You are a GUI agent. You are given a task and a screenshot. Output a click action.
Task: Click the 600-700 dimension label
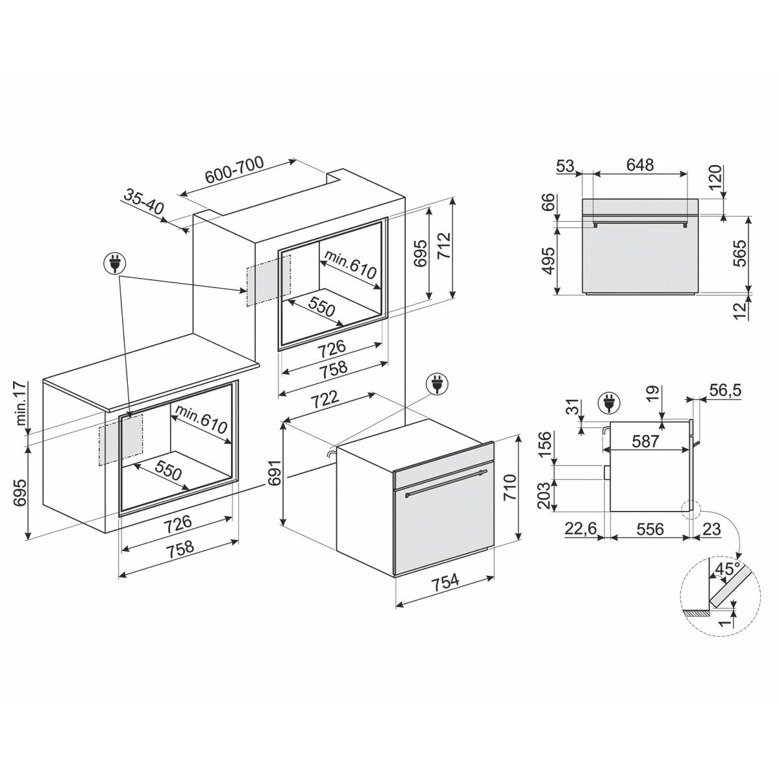click(x=234, y=170)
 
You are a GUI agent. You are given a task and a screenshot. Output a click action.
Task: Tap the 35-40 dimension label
click(x=143, y=202)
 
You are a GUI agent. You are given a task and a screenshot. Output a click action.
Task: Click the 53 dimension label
click(x=565, y=166)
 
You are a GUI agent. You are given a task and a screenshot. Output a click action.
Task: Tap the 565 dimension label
click(x=739, y=253)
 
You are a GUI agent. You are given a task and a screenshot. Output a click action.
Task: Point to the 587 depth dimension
click(x=645, y=441)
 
